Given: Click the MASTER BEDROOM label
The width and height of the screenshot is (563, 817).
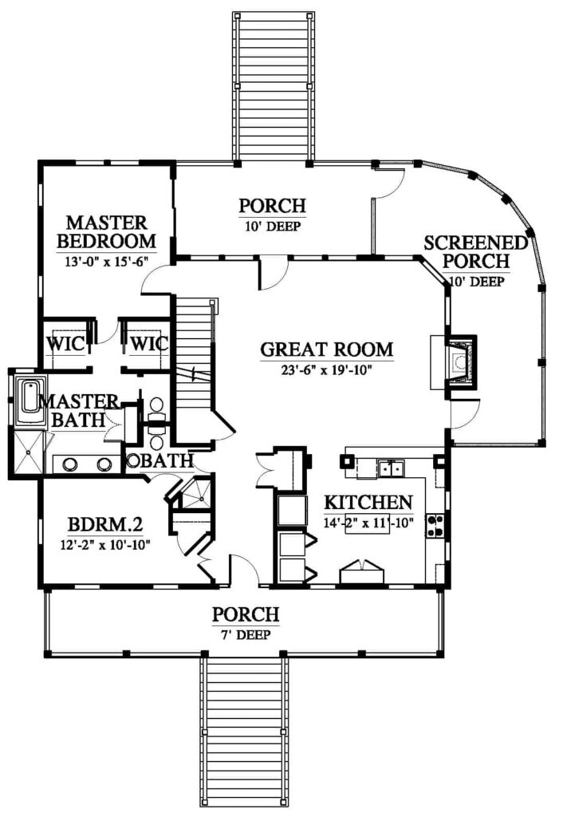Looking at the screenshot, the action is pos(107,232).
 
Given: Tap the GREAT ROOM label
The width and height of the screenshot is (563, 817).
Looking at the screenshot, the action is pos(326,349).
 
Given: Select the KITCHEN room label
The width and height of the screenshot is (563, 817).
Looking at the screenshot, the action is pos(368,503).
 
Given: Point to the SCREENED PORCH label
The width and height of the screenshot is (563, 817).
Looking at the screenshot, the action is pos(475,251).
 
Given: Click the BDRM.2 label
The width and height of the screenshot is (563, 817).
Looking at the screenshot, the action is pos(105,524).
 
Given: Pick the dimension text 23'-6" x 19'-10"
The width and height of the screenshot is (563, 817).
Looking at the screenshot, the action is pos(326,370).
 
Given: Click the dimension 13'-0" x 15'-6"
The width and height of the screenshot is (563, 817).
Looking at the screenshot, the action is pos(107,262).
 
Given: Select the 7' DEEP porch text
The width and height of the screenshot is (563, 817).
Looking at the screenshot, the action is pos(246,635).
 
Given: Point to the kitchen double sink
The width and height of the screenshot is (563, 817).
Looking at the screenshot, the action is pos(392,468).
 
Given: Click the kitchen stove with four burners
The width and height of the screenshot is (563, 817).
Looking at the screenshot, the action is pos(435,526).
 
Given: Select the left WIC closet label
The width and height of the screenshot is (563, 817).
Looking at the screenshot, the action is pos(65,344).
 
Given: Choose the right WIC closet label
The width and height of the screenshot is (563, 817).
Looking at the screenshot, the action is pos(149,344).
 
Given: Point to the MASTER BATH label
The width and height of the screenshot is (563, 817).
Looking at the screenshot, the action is pos(79,411).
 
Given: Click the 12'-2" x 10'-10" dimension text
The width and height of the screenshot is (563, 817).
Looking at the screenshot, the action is pos(105,545).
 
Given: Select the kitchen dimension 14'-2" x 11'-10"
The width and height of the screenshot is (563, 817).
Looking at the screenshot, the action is pos(368,523).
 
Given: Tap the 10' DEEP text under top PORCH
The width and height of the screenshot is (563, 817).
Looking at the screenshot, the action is pos(273,226).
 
